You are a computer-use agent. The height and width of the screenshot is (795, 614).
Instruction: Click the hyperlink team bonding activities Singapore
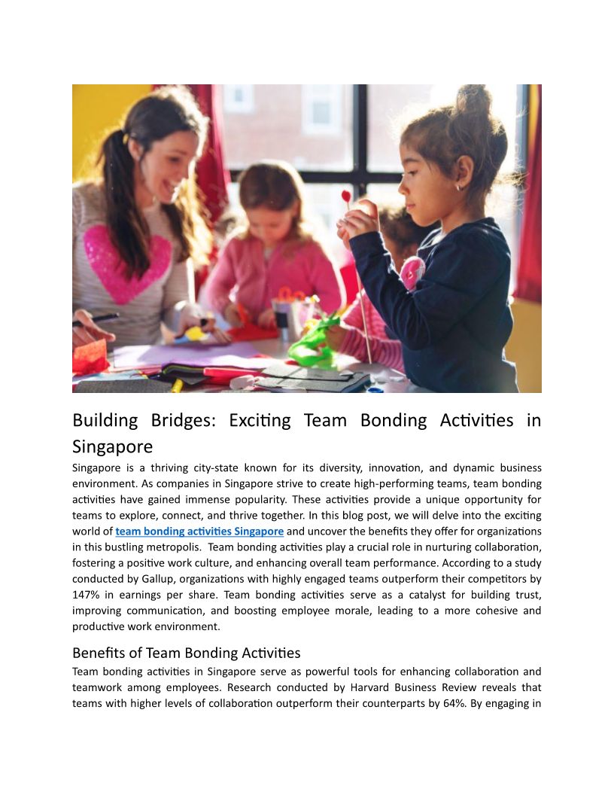click(199, 531)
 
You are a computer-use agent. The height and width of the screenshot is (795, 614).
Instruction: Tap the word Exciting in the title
click(260, 420)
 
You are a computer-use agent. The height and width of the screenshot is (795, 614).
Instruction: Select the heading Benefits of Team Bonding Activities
click(186, 652)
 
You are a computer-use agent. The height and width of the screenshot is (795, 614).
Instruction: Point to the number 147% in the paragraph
click(87, 594)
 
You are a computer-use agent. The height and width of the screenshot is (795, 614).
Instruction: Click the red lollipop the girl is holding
click(346, 197)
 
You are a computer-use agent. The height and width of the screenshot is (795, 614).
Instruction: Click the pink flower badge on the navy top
click(412, 273)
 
